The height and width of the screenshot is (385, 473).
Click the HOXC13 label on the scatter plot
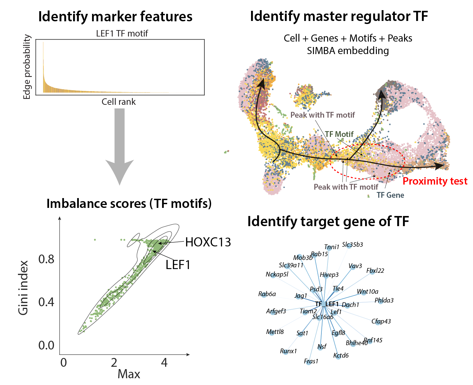tap(208, 242)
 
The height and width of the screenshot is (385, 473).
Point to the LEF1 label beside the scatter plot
tap(178, 265)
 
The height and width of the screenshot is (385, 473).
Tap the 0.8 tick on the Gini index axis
tap(46, 259)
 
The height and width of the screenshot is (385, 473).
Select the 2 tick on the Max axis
tap(114, 362)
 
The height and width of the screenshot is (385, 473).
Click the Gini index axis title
tap(23, 288)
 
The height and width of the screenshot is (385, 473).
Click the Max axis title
tap(129, 374)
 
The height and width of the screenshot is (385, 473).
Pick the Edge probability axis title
tap(27, 67)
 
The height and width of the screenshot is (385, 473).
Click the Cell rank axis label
tap(118, 102)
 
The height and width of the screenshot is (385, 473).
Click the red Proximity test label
tap(435, 181)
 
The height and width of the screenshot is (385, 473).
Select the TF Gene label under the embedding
tap(390, 195)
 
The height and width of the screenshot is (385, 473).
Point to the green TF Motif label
tap(339, 134)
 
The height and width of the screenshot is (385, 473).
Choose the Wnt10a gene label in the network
tap(367, 291)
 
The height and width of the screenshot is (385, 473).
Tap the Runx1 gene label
tap(288, 351)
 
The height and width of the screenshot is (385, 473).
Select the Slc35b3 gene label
tap(352, 244)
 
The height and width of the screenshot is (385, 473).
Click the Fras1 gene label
tap(311, 361)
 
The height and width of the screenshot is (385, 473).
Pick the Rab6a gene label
tap(267, 294)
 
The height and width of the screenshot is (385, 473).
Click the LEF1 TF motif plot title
tap(122, 33)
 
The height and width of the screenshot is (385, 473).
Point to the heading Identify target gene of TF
tap(328, 221)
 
